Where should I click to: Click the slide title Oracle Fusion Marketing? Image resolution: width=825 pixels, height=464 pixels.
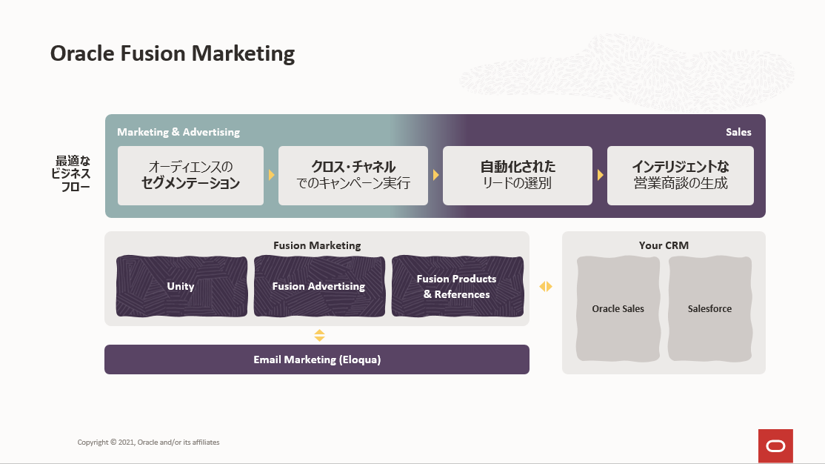point(172,53)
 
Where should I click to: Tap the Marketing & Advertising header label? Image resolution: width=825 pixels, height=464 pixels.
point(178,132)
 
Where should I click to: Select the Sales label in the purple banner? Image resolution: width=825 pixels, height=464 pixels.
point(738,132)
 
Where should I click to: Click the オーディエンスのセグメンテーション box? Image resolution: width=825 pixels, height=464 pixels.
point(190,176)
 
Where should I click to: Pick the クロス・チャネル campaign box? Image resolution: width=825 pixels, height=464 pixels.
point(353,176)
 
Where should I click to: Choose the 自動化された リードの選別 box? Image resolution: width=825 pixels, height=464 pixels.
point(517,176)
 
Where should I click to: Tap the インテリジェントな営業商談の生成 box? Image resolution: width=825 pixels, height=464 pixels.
point(681,176)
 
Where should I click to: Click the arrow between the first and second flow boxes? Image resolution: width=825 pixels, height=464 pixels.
point(272,175)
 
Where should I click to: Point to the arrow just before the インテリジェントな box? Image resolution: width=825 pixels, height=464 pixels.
point(600,175)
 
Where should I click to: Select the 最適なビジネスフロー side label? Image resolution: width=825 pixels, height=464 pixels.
point(71,173)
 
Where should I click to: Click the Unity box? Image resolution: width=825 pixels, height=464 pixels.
point(181,286)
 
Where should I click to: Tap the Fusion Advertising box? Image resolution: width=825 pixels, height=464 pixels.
point(319,286)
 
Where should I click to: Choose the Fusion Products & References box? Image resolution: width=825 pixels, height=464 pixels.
point(457,286)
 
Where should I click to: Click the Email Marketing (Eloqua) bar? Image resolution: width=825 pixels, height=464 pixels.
point(317,359)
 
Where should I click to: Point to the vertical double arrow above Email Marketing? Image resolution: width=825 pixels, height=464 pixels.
point(319,336)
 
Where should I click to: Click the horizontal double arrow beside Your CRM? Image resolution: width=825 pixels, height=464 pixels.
point(546,287)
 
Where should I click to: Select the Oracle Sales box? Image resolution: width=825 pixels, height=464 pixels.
point(618,308)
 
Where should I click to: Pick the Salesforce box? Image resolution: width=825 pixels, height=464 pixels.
point(709,308)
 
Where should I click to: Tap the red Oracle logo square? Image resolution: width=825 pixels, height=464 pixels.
point(775,446)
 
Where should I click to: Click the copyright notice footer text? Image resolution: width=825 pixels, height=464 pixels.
point(148,443)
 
